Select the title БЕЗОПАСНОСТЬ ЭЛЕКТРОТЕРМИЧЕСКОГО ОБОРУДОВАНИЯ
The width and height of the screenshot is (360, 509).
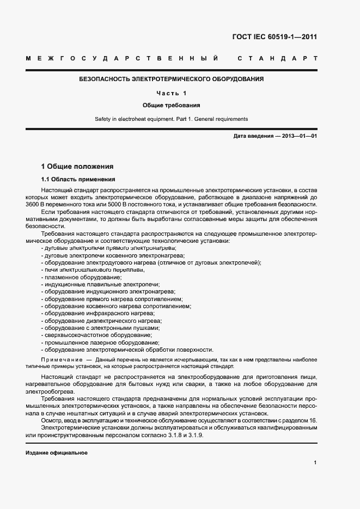click(172, 79)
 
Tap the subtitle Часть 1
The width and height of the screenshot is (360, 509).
click(172, 93)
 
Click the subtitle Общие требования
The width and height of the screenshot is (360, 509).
click(172, 105)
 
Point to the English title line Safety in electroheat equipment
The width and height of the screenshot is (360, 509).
click(172, 119)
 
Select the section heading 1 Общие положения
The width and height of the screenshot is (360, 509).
click(77, 166)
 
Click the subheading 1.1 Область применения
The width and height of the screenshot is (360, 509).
click(78, 179)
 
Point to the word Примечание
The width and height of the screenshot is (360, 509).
click(60, 360)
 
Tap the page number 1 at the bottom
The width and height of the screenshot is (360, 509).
click(315, 462)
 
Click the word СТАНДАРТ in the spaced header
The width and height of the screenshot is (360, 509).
click(277, 58)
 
